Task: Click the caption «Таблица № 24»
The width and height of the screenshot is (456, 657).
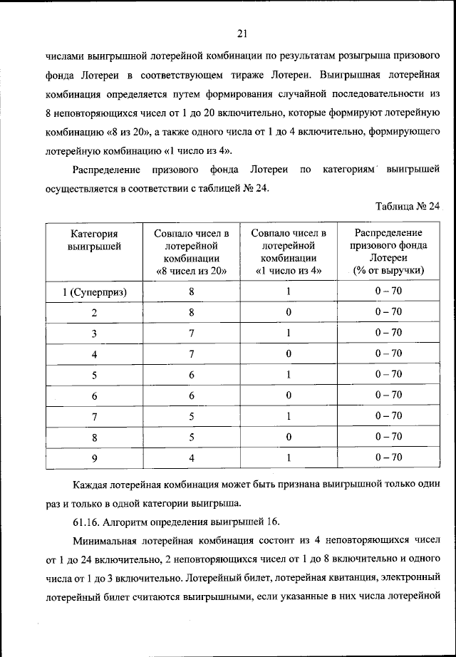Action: tap(408, 207)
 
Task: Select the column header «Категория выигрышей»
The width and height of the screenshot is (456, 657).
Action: tap(94, 239)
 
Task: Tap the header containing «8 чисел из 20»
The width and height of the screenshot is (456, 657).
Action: tap(191, 252)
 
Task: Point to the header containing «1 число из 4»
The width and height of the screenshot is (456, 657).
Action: tap(289, 252)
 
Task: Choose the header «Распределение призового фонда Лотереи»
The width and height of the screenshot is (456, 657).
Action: tap(388, 252)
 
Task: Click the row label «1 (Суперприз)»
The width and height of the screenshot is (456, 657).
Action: tap(94, 291)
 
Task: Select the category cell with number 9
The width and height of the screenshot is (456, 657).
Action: tap(94, 457)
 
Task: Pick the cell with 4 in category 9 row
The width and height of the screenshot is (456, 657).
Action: tap(191, 457)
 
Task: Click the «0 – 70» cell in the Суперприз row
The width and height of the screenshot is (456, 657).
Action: tap(388, 291)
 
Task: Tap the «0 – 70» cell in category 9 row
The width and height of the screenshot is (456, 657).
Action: tap(388, 457)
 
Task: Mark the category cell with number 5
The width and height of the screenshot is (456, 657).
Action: tap(94, 374)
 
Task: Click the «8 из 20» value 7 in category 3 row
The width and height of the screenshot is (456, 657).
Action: tap(191, 333)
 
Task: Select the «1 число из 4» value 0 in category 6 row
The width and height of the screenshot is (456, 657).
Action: tap(289, 395)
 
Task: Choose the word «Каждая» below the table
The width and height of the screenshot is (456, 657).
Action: tap(90, 484)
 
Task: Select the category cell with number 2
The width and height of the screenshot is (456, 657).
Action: tap(94, 312)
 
